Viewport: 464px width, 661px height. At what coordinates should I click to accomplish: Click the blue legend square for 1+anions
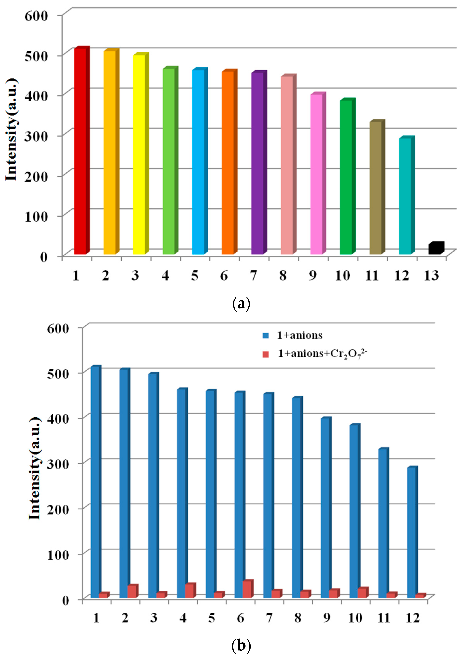(x=266, y=336)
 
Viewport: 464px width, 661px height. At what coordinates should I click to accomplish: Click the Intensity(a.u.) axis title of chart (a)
(x=11, y=129)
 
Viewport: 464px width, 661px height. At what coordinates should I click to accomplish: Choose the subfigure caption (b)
(x=241, y=646)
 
